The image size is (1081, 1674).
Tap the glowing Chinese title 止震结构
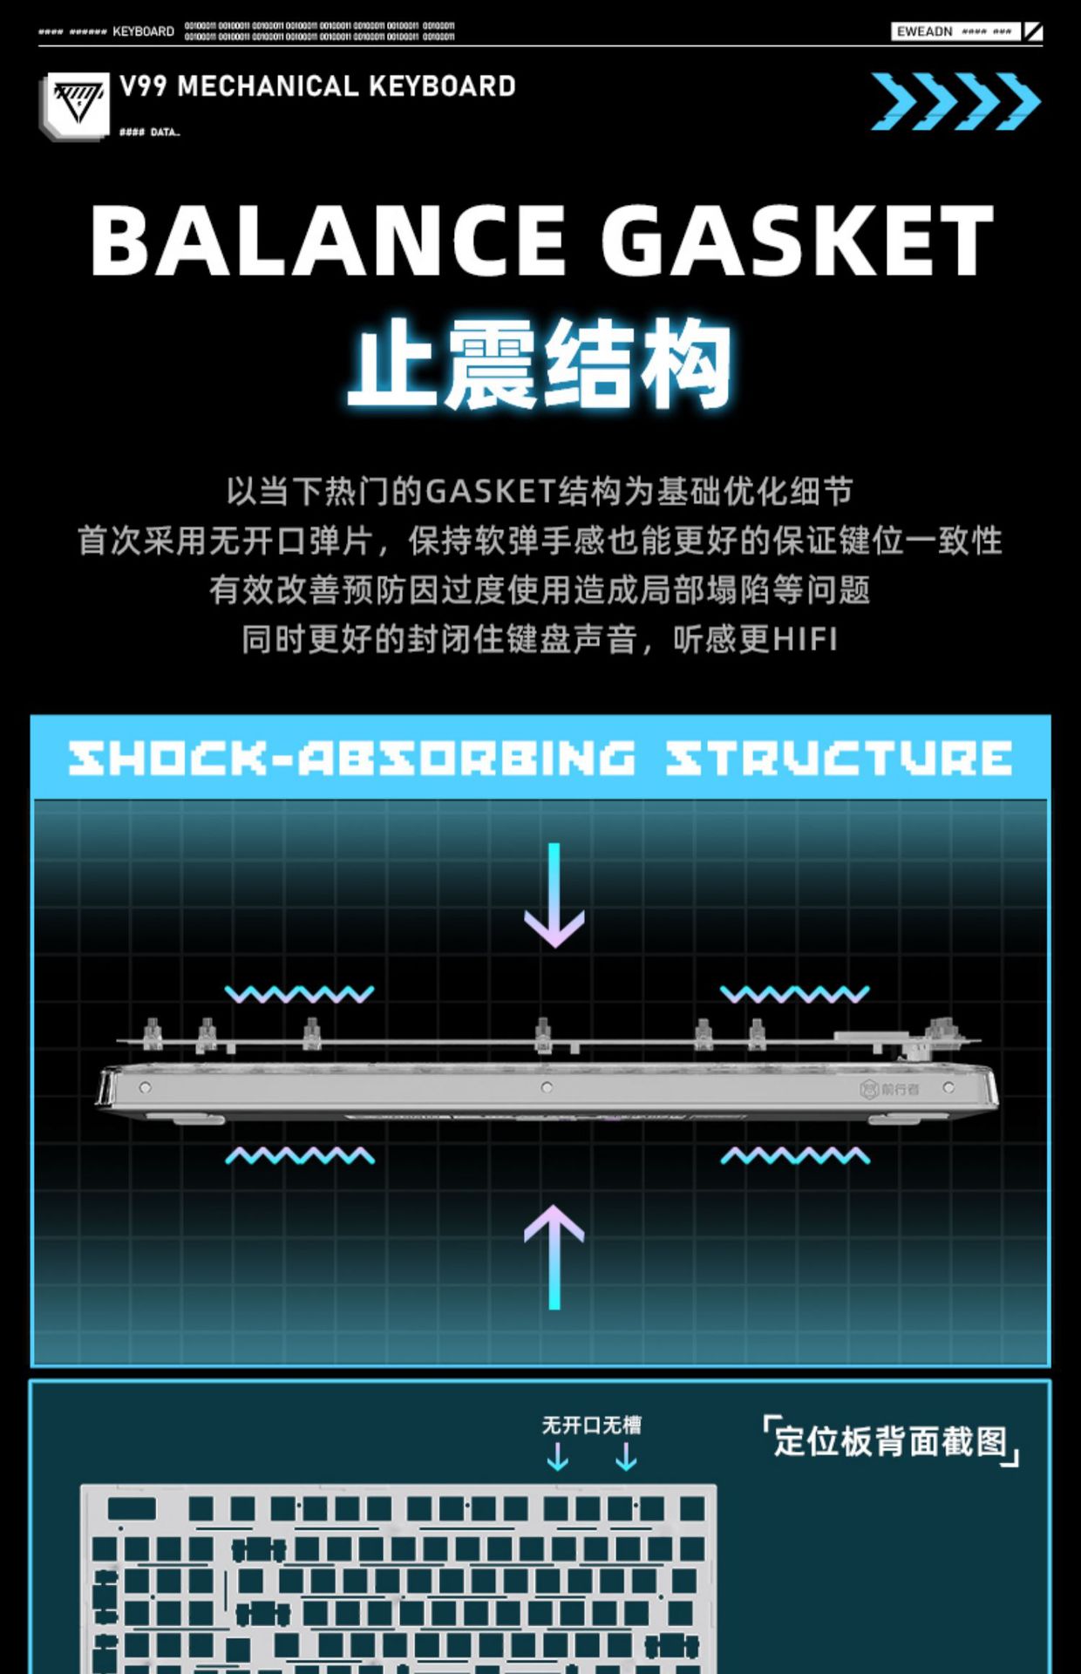[x=540, y=364]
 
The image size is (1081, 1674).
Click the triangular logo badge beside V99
[x=78, y=105]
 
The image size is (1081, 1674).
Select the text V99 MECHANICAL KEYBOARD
[x=317, y=86]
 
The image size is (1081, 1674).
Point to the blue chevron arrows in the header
[x=955, y=101]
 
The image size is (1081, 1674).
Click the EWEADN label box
[x=955, y=31]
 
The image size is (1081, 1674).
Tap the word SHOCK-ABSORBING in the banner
[x=351, y=758]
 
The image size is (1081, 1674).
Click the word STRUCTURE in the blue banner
[x=839, y=758]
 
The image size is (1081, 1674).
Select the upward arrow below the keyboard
[x=554, y=1255]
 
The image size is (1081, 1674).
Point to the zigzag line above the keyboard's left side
[x=299, y=994]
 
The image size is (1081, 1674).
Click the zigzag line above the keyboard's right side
[x=794, y=994]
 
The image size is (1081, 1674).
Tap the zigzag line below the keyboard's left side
[x=299, y=1156]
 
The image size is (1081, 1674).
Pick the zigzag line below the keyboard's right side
[x=794, y=1156]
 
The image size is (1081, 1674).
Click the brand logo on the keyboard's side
[x=889, y=1089]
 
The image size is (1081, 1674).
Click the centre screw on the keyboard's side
[x=547, y=1087]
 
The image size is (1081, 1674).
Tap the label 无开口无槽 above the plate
[x=591, y=1425]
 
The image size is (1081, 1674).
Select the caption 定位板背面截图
[x=890, y=1441]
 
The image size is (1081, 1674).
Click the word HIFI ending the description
[x=804, y=639]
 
